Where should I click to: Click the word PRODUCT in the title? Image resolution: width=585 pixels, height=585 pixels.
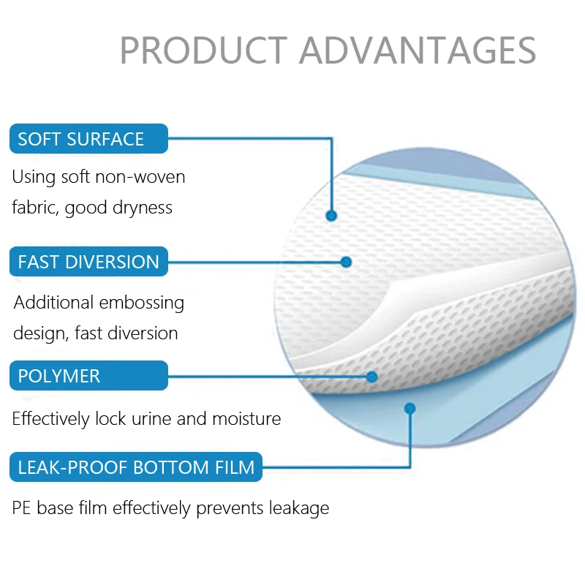pos(203,50)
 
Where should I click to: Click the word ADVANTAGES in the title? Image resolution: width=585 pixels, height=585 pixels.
pos(418,50)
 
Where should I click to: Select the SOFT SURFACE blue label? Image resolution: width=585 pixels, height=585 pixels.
pos(88,139)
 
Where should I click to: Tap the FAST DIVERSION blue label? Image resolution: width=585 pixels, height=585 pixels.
pos(88,262)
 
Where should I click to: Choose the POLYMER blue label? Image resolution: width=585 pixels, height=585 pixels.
pos(88,376)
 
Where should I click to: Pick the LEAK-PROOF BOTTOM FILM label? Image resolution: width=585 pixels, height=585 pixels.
pos(136,467)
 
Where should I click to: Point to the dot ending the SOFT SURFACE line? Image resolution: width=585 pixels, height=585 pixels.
pos(331,216)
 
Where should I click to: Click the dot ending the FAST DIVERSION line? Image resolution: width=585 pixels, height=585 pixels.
pos(347,262)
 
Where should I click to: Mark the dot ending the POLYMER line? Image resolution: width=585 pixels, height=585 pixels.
pos(371,377)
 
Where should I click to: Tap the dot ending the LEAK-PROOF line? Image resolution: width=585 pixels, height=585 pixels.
pos(410,408)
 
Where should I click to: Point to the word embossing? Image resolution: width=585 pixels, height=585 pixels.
pos(142,303)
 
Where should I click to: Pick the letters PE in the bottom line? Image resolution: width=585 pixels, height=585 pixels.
pos(22,508)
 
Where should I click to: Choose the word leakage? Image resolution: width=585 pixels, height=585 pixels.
pos(300,508)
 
